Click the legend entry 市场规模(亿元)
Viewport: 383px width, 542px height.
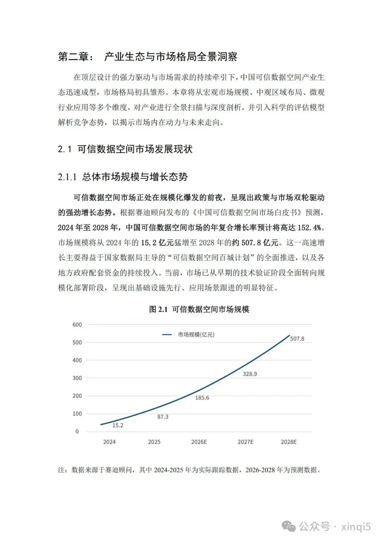pyautogui.click(x=196, y=335)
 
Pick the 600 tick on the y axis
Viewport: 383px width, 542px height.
pyautogui.click(x=77, y=325)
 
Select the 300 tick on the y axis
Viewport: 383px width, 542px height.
pyautogui.click(x=77, y=378)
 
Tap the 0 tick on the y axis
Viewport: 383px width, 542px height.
pyautogui.click(x=77, y=432)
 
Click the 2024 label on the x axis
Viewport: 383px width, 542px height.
pyautogui.click(x=109, y=442)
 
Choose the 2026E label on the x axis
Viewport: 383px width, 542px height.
pyautogui.click(x=199, y=442)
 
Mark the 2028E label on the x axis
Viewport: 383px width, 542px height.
pyautogui.click(x=289, y=442)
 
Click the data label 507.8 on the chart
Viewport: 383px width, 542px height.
pyautogui.click(x=297, y=339)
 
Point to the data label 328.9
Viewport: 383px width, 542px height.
pyautogui.click(x=250, y=374)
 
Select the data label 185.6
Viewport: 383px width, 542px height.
pyautogui.click(x=202, y=398)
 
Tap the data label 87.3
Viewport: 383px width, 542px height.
pyautogui.click(x=163, y=417)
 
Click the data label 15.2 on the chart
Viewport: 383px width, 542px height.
pyautogui.click(x=118, y=425)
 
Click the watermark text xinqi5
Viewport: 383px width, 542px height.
pyautogui.click(x=356, y=526)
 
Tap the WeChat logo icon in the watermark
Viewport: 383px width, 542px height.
pyautogui.click(x=290, y=526)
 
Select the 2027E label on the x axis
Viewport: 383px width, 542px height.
pyautogui.click(x=245, y=442)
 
